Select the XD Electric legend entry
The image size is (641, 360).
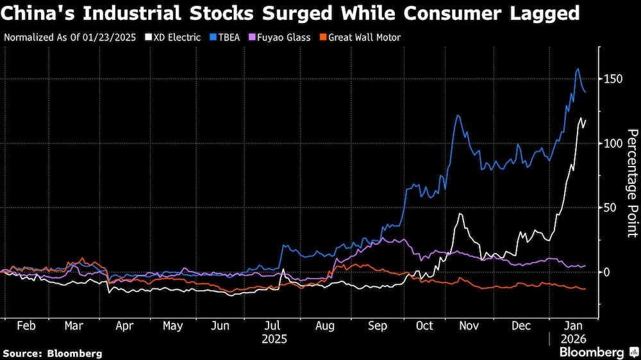[172, 37]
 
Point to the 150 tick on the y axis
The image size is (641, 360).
[613, 79]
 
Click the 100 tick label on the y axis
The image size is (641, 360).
[613, 143]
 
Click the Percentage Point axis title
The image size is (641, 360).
[632, 183]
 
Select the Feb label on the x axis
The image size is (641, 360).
[26, 325]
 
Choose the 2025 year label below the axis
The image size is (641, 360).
[274, 338]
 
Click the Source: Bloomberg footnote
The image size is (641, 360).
[53, 353]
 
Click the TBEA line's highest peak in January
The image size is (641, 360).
[578, 69]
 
